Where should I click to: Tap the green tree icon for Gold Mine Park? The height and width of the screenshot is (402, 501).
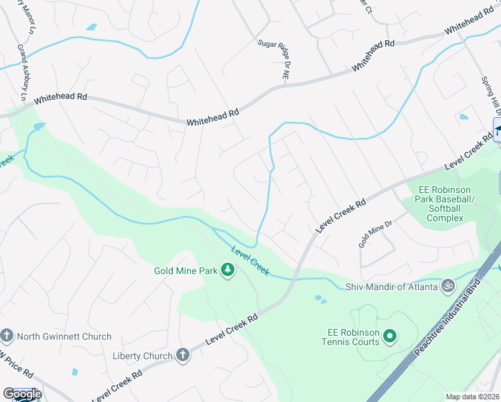(228, 270)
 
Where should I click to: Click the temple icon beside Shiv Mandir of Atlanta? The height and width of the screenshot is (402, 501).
(448, 287)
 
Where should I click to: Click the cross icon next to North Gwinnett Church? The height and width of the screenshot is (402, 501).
(7, 336)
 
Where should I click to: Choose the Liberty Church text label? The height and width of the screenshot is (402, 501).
(143, 355)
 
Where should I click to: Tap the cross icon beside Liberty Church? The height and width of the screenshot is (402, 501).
(183, 355)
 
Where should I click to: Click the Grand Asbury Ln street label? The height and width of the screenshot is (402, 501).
(22, 73)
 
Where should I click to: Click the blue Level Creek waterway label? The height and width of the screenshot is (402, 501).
(250, 261)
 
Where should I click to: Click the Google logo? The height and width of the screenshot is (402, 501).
(22, 394)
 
